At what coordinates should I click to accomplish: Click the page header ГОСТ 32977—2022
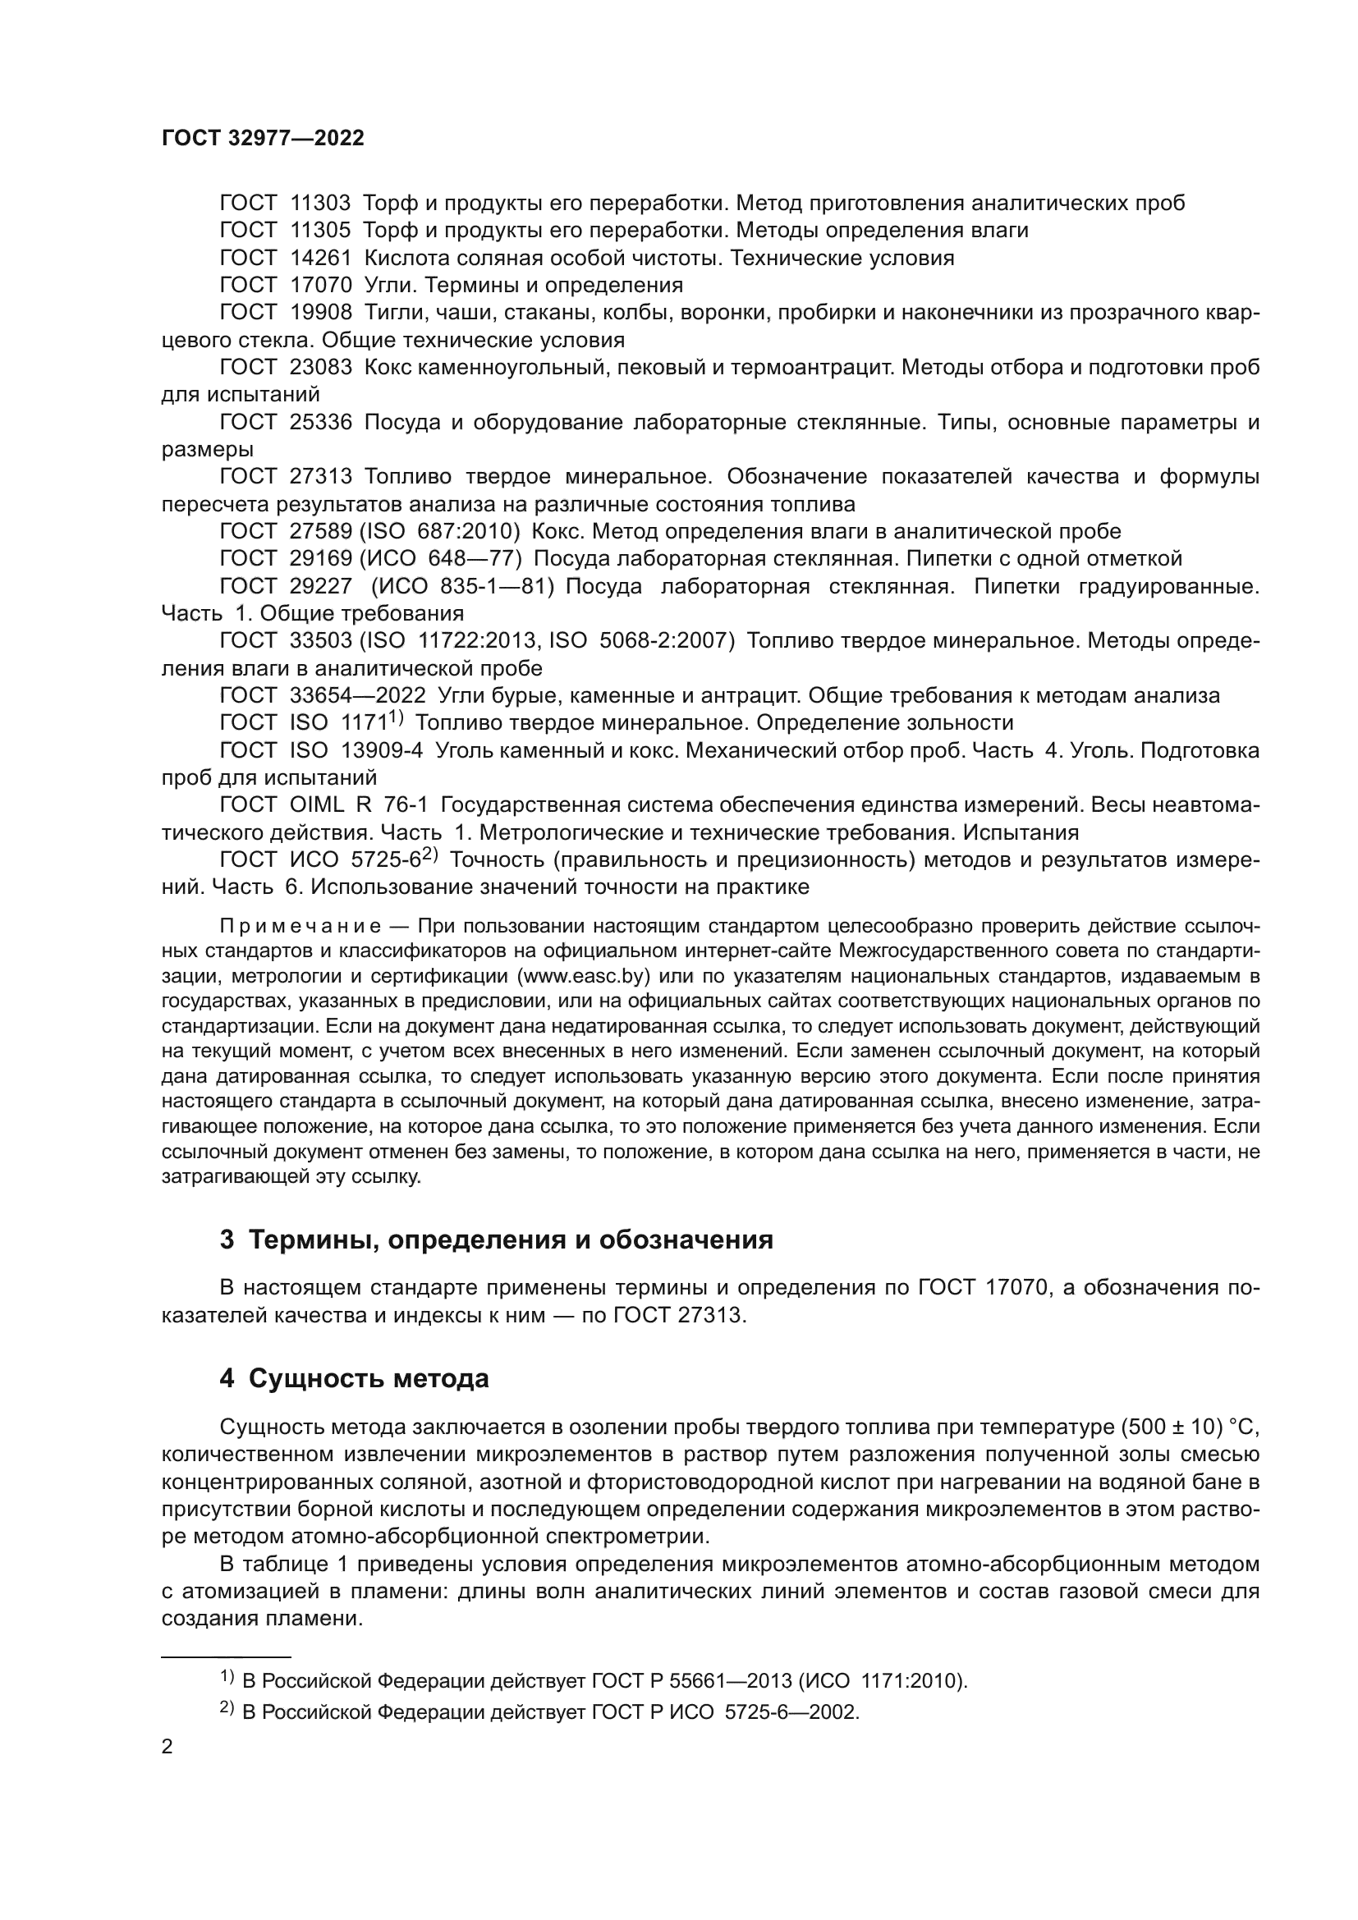pyautogui.click(x=263, y=139)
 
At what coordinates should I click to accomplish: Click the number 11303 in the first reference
pyautogui.click(x=320, y=204)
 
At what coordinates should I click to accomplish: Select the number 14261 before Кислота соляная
pyautogui.click(x=320, y=258)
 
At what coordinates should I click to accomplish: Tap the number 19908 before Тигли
pyautogui.click(x=320, y=313)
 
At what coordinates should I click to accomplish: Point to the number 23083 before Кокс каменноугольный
pyautogui.click(x=320, y=367)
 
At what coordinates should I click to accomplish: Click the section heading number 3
pyautogui.click(x=227, y=1240)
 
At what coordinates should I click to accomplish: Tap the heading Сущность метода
pyautogui.click(x=369, y=1378)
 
